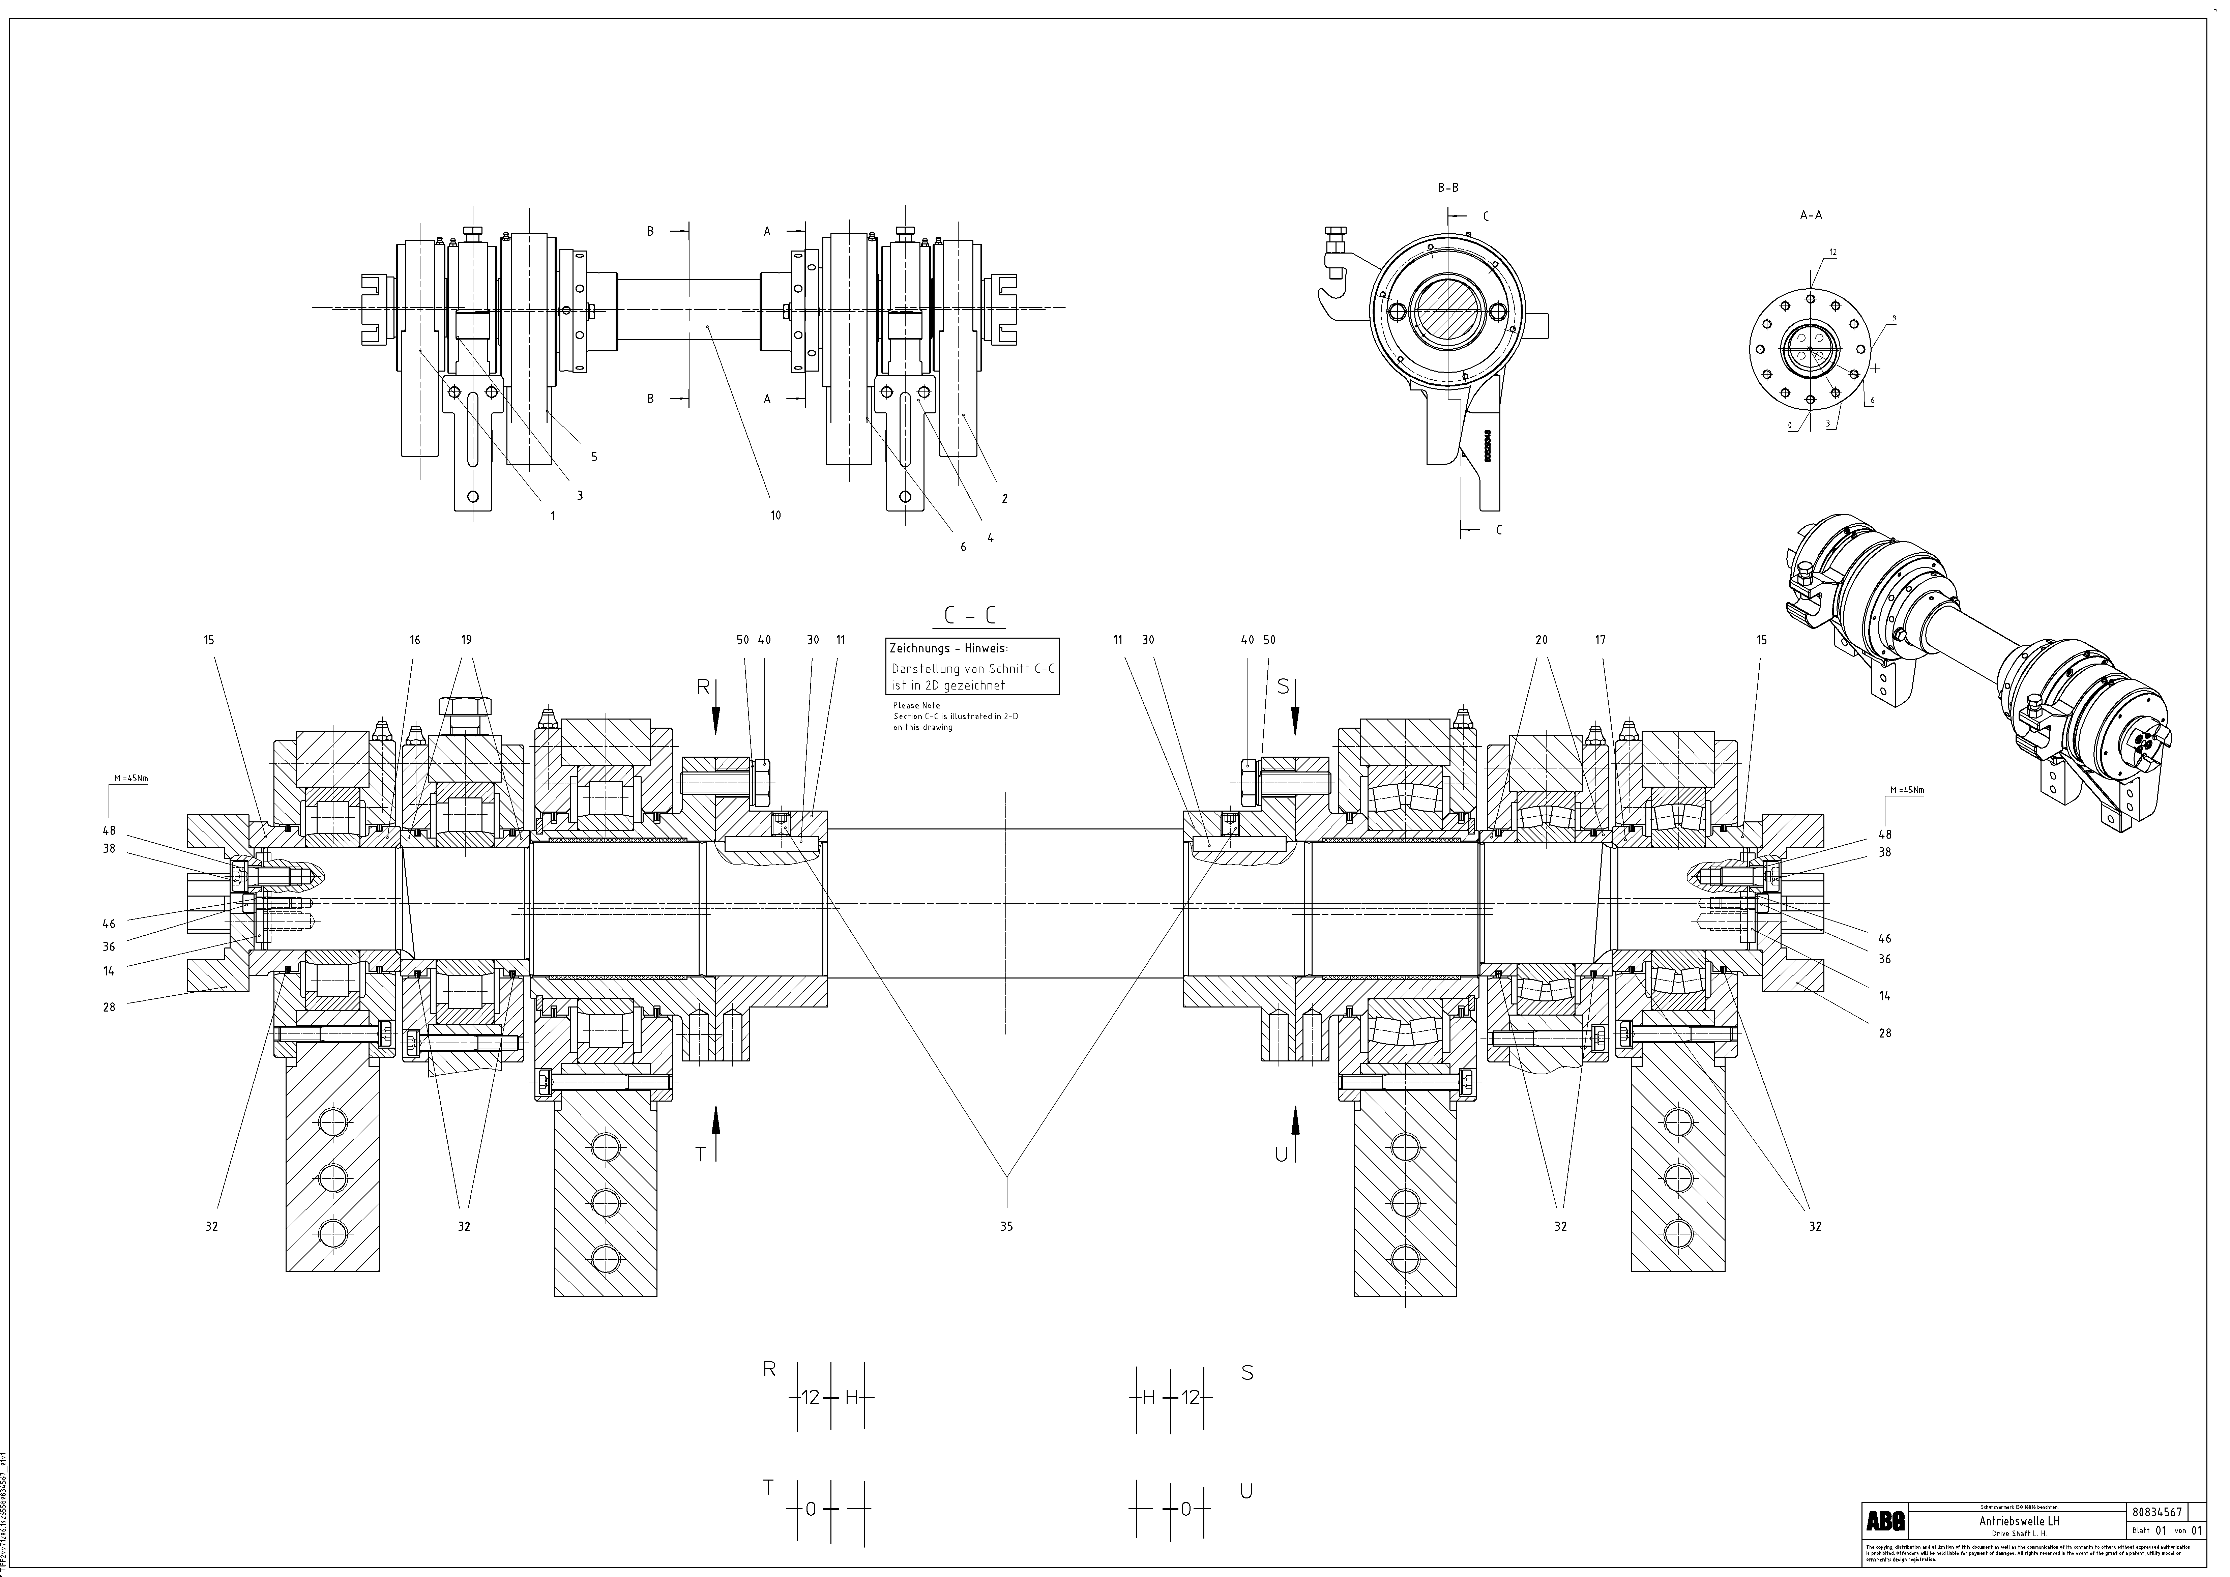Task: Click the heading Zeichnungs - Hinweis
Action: (949, 648)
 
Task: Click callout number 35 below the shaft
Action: (1006, 1226)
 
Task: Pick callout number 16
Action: (415, 640)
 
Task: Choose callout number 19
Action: (466, 640)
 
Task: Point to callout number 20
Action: (1542, 640)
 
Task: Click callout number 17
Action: (1601, 640)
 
